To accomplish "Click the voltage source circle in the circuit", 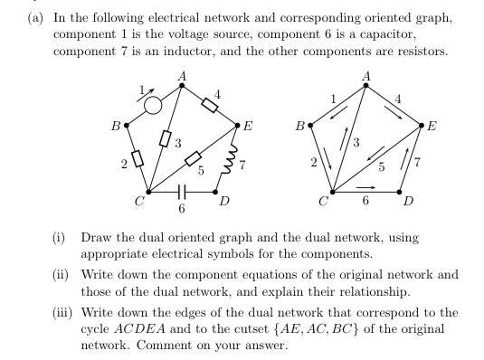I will click(153, 106).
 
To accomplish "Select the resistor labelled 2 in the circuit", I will click(137, 159).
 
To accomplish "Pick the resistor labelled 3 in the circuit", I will click(166, 138).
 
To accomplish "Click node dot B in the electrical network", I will click(126, 126).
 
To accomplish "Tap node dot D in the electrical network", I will click(218, 192).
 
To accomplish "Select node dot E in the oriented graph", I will click(422, 126).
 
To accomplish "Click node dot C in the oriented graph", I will click(332, 192).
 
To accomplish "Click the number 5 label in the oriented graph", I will click(381, 166).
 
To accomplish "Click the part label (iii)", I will click(62, 313).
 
